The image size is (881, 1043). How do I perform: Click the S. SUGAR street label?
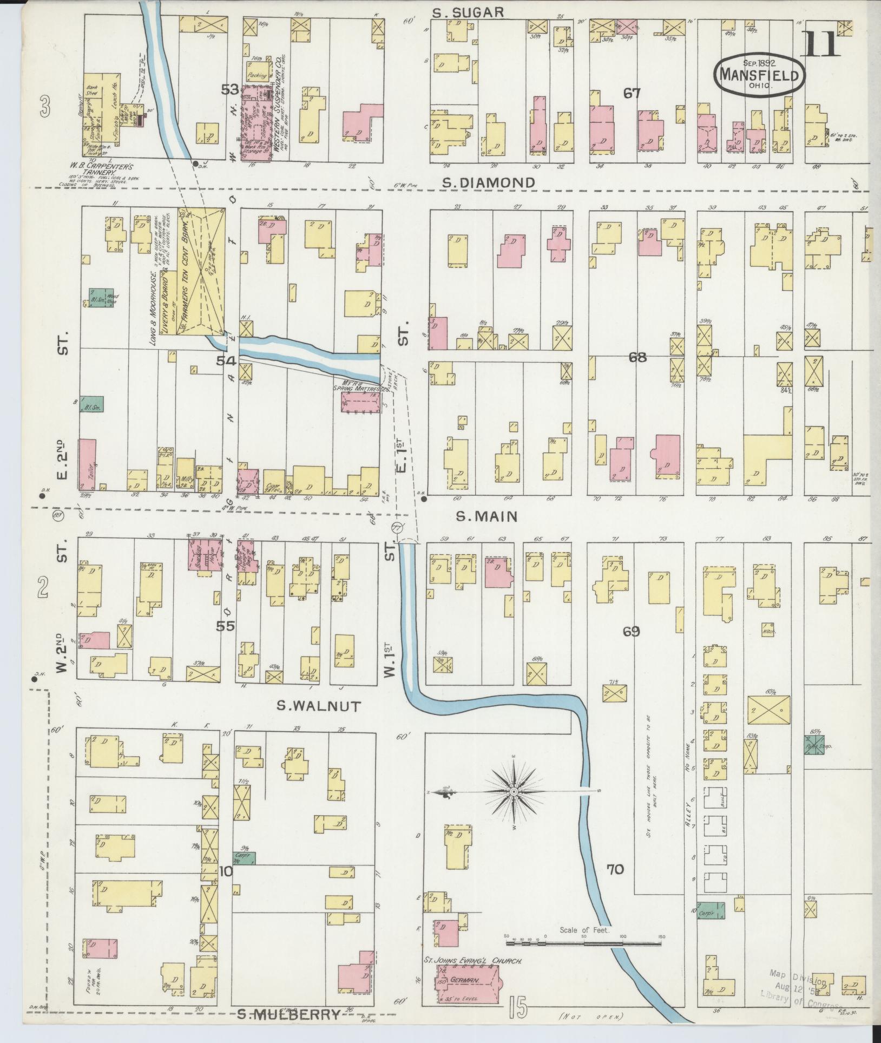click(470, 12)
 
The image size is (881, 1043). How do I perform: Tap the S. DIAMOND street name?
click(488, 183)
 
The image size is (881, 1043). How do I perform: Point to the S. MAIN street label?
click(486, 517)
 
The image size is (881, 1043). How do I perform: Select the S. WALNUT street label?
click(318, 706)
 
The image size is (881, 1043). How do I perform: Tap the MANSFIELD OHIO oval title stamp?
click(760, 76)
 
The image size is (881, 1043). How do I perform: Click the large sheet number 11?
click(821, 44)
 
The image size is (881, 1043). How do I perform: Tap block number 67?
click(632, 93)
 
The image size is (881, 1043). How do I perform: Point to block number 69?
click(631, 631)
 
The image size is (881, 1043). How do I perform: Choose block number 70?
click(615, 870)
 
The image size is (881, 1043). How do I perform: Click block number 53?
click(230, 89)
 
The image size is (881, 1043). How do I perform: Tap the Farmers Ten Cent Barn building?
click(201, 271)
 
